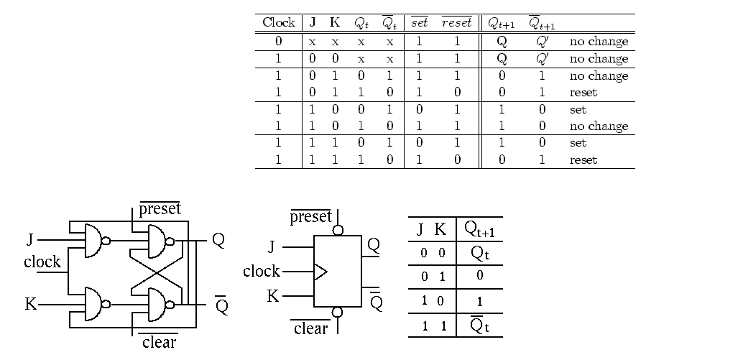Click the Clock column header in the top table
click(x=279, y=22)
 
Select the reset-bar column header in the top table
click(x=457, y=22)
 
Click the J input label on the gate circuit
click(x=30, y=240)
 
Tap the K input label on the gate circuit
click(x=31, y=304)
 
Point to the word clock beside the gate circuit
click(x=42, y=262)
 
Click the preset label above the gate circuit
click(x=160, y=208)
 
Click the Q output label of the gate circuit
click(x=218, y=240)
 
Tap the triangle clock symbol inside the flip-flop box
click(x=320, y=272)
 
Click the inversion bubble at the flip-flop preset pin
click(x=338, y=230)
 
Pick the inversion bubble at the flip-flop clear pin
click(x=338, y=312)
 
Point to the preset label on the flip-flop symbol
click(x=311, y=216)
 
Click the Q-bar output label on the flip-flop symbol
click(x=377, y=300)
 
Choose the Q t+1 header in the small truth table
click(x=479, y=229)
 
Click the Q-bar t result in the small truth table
click(x=479, y=325)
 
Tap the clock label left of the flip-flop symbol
click(x=262, y=271)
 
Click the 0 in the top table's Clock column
click(x=279, y=41)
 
